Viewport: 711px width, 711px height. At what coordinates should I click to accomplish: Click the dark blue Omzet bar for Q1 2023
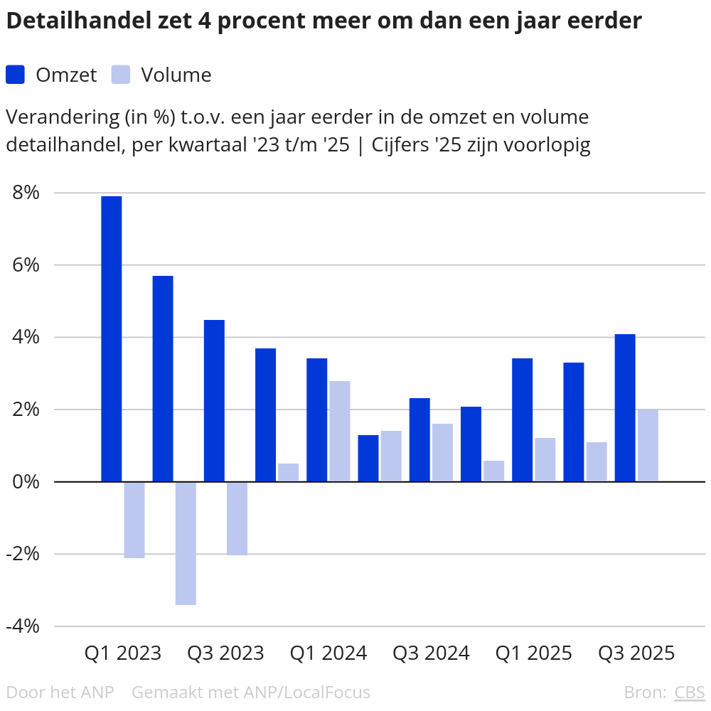point(112,338)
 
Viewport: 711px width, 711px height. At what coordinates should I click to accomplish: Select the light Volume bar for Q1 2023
point(134,520)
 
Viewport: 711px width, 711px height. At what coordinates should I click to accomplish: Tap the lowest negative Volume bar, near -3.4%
point(186,543)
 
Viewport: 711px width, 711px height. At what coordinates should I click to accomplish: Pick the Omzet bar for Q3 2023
point(214,400)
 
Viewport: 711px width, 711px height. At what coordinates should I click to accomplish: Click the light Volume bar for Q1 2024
point(339,431)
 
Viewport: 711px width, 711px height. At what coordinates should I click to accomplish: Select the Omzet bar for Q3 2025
point(625,407)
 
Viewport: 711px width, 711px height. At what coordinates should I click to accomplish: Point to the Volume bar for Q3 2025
point(648,445)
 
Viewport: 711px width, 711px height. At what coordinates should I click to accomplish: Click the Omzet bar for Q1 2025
point(523,419)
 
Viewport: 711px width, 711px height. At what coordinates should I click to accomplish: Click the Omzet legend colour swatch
point(16,75)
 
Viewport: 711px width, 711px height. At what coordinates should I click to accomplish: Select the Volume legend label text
point(176,75)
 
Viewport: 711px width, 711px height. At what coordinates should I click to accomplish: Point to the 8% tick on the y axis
point(25,193)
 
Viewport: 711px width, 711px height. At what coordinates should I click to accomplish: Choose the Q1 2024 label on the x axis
point(328,653)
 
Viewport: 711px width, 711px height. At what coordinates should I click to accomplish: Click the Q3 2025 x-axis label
point(636,653)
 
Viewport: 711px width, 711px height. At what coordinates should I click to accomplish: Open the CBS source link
point(689,692)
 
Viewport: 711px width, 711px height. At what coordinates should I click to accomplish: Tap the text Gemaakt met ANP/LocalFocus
point(251,692)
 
